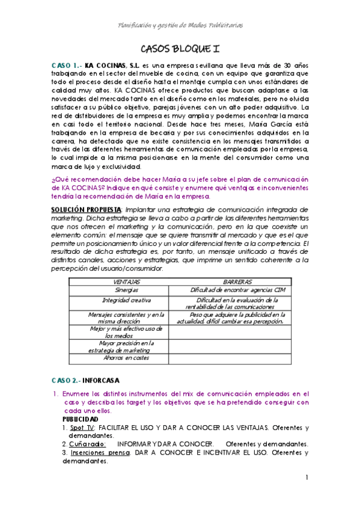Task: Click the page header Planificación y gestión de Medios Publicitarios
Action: point(180,25)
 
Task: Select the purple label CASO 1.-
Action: point(66,64)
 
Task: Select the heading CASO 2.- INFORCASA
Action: point(85,380)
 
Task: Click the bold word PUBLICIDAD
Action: point(81,419)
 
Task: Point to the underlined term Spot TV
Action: point(82,428)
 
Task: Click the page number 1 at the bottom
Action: point(306,478)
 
